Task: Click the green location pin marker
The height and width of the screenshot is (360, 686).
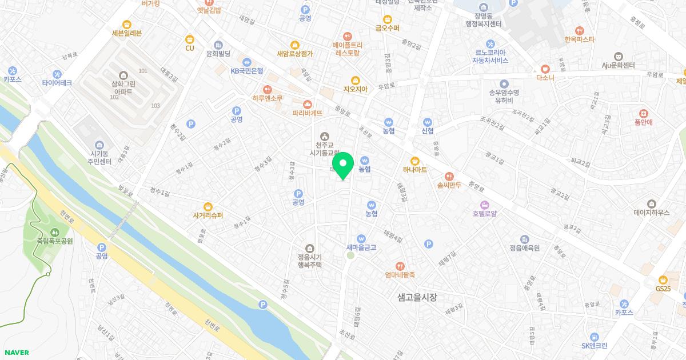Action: (343, 165)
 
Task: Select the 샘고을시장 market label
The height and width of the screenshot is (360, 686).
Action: (417, 297)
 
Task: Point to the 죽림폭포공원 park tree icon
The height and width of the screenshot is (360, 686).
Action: (55, 232)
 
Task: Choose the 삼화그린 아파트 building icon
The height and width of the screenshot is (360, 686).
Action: (123, 75)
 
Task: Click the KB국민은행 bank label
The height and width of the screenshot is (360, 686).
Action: (247, 71)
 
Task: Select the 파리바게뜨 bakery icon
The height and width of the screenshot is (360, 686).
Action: (308, 104)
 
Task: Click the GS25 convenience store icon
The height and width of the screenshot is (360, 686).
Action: (663, 280)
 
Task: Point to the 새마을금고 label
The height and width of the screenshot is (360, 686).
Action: (361, 247)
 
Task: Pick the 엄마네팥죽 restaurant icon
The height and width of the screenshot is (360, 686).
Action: (400, 266)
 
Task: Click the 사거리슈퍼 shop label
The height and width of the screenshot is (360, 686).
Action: (208, 215)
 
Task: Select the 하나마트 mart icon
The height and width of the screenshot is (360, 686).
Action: (415, 161)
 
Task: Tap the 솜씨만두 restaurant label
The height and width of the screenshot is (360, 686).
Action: (449, 185)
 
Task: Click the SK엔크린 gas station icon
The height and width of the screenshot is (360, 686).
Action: (595, 337)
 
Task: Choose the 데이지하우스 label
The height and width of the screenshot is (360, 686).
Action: (652, 212)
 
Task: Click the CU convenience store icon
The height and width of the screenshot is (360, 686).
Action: (190, 39)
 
